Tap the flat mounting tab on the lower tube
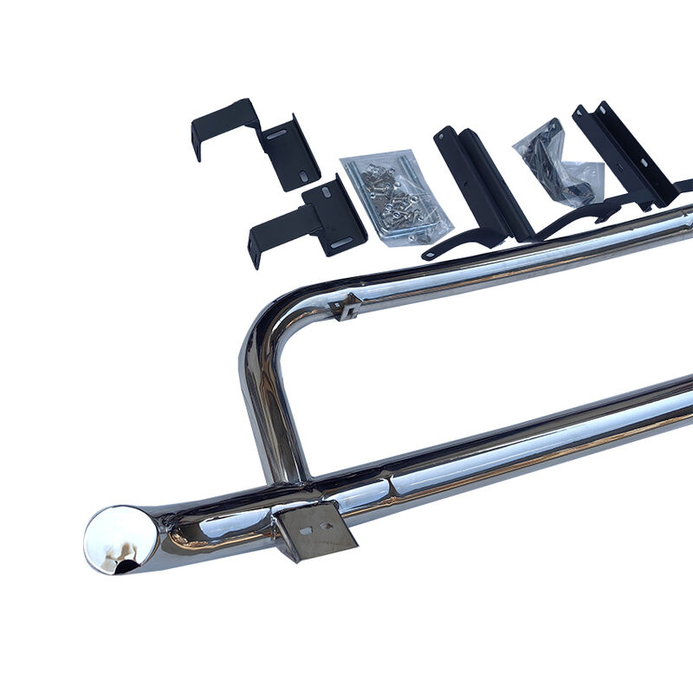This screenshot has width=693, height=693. pos(314,530)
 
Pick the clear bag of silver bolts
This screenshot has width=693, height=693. pos(396,198)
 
